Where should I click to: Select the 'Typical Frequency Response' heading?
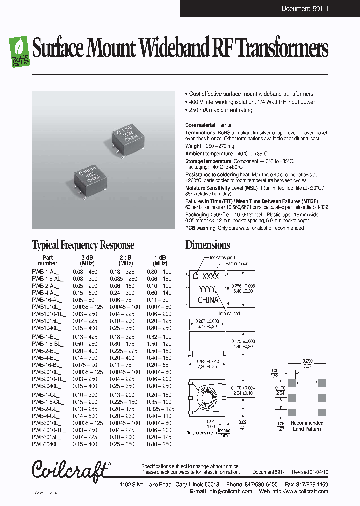pos(83,245)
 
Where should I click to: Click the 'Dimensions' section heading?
pos(207,245)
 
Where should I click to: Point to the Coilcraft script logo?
pos(69,470)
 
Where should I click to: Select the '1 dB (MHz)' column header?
pos(160,260)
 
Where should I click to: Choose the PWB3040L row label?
pos(45,444)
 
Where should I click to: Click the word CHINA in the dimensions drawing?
pos(208,300)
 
